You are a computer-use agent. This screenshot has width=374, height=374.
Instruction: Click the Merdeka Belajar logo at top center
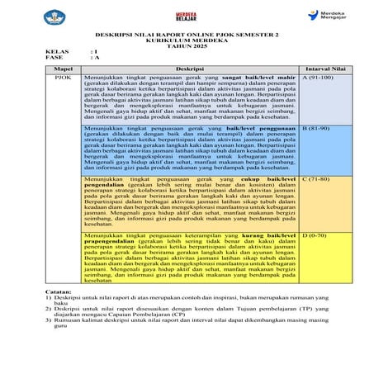coord(192,18)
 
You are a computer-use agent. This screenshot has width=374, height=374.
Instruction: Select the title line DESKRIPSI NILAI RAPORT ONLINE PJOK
coord(187,36)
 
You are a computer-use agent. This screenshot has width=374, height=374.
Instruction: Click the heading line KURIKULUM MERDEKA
coord(187,43)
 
